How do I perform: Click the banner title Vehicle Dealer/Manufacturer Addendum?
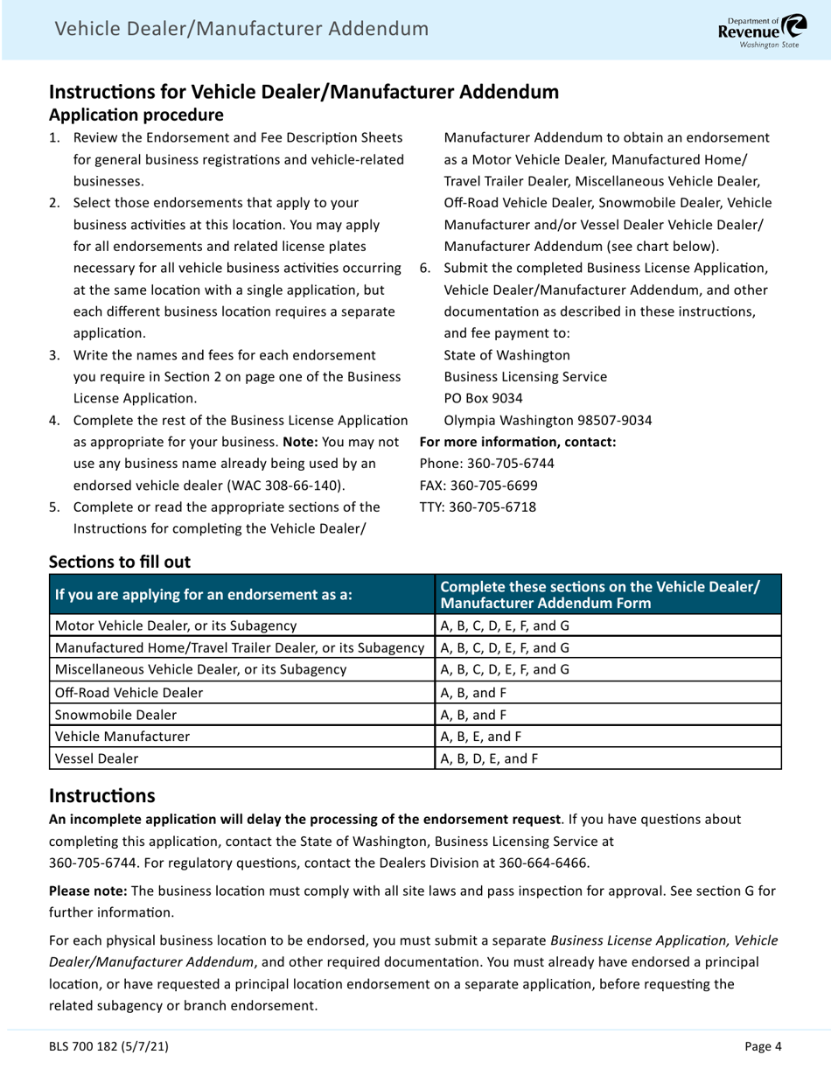point(241,29)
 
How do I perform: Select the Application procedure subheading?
point(136,115)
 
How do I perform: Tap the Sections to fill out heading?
point(119,562)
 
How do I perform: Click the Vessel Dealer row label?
point(96,758)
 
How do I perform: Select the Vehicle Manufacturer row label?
point(122,737)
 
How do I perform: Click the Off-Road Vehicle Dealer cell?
point(129,692)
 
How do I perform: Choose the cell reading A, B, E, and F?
point(481,737)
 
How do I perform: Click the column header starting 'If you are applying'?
point(204,595)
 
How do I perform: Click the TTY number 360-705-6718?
point(492,507)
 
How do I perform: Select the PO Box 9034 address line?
point(484,398)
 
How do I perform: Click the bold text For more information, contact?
point(518,442)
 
